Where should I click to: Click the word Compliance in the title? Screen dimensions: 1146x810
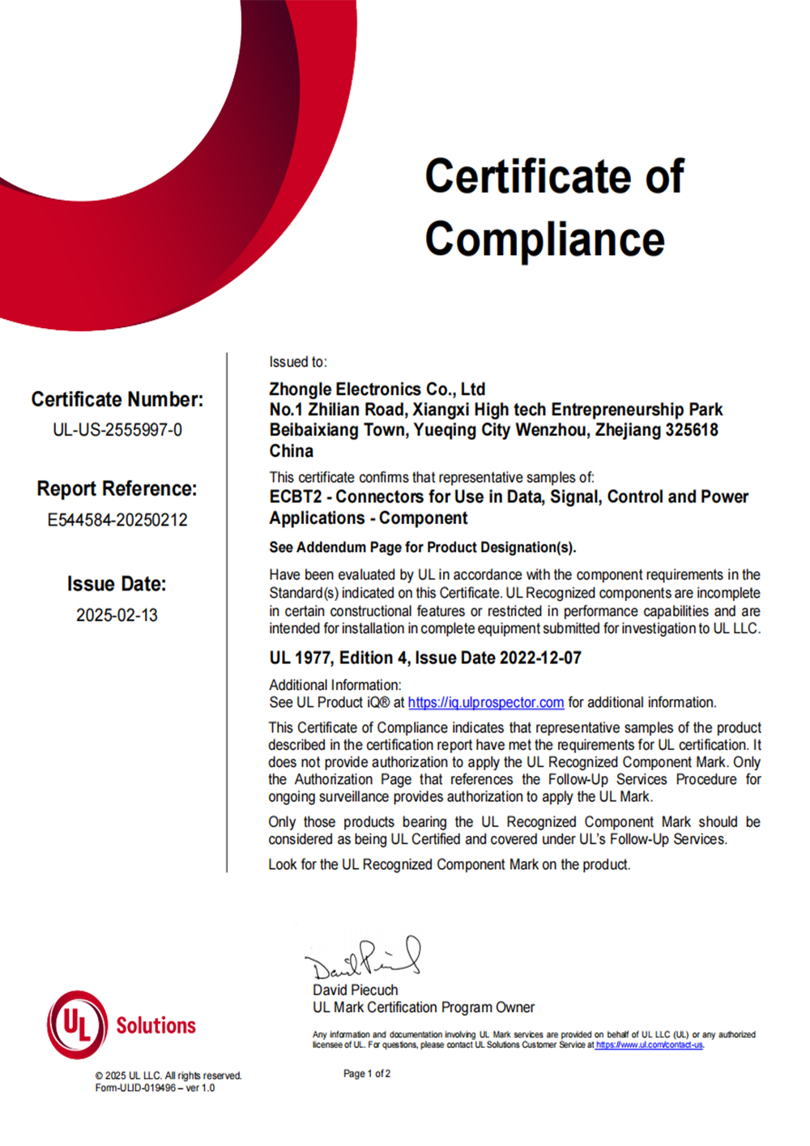coord(544,240)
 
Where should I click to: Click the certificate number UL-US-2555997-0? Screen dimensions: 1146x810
coord(117,430)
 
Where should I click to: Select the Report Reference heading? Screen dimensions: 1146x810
coord(117,489)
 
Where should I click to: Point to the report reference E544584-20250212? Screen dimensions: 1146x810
coord(117,520)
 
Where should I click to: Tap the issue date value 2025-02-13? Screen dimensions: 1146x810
coord(117,616)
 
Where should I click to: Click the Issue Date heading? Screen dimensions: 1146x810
coord(117,584)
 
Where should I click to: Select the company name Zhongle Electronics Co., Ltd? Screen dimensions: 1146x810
coord(377,390)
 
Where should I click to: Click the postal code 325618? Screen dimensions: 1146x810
coord(691,430)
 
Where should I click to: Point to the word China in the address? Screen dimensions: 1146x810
coord(292,451)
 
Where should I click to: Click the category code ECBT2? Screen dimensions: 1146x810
coord(295,497)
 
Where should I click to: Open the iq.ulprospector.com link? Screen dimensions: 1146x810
coord(486,703)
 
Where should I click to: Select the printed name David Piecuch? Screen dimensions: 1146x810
coord(356,990)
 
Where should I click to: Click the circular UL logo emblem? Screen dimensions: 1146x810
coord(77,1025)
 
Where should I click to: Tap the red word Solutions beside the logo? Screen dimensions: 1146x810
coord(156,1026)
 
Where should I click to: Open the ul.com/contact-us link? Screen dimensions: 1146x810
coord(649,1046)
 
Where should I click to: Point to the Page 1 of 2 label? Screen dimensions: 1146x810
coord(367,1074)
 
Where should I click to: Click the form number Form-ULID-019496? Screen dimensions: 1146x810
coord(134,1088)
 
